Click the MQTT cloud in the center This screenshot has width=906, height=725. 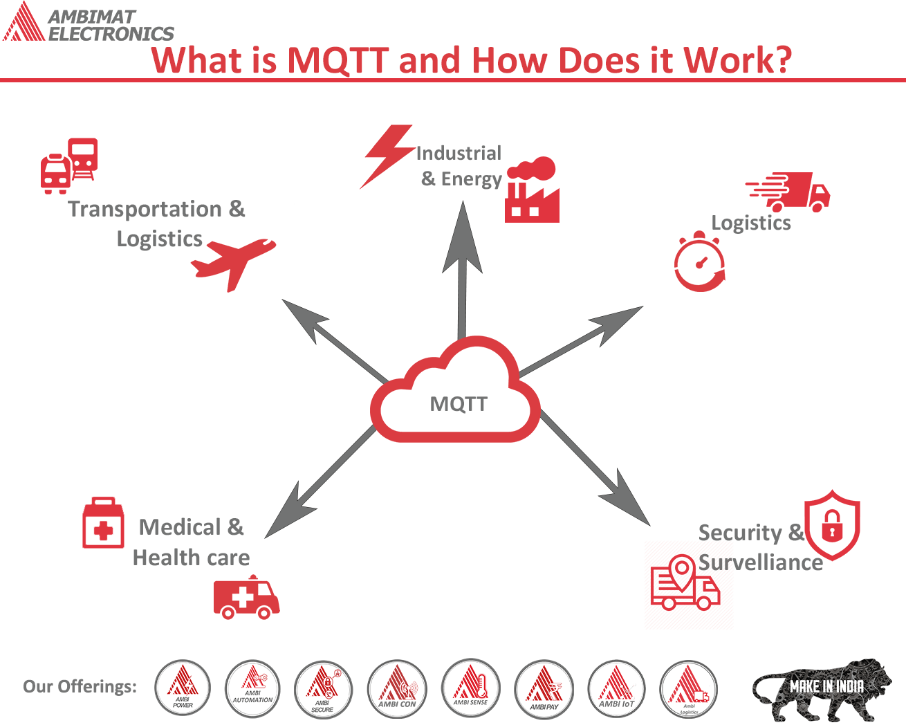[455, 393]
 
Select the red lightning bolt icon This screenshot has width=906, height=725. [387, 156]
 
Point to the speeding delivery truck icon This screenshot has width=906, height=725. [789, 191]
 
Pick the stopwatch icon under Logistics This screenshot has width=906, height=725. [699, 263]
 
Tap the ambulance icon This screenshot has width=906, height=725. [246, 597]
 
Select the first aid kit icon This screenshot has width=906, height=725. [103, 523]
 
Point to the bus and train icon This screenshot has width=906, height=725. [69, 165]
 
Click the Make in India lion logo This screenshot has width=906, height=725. [822, 689]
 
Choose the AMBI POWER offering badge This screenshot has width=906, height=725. [183, 688]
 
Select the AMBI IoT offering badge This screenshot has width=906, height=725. [616, 689]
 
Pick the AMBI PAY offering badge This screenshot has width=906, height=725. [544, 689]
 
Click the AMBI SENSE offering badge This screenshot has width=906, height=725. [470, 688]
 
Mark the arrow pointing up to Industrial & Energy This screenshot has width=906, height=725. [462, 270]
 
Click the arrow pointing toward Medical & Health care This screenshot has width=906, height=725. [318, 484]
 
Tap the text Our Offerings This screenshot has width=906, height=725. [80, 686]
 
